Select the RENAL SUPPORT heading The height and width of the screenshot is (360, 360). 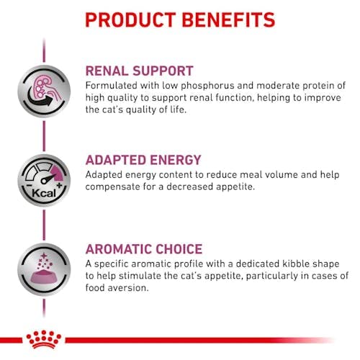pos(139,71)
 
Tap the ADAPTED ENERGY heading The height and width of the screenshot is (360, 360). pos(143,161)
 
